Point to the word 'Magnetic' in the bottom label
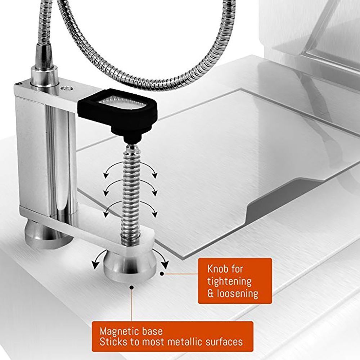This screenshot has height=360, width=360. click(120, 332)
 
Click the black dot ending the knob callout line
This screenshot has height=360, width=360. click(162, 274)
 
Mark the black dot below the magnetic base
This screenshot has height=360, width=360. click(131, 287)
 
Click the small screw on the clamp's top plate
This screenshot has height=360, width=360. click(67, 88)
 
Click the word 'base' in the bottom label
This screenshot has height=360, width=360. click(152, 332)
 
